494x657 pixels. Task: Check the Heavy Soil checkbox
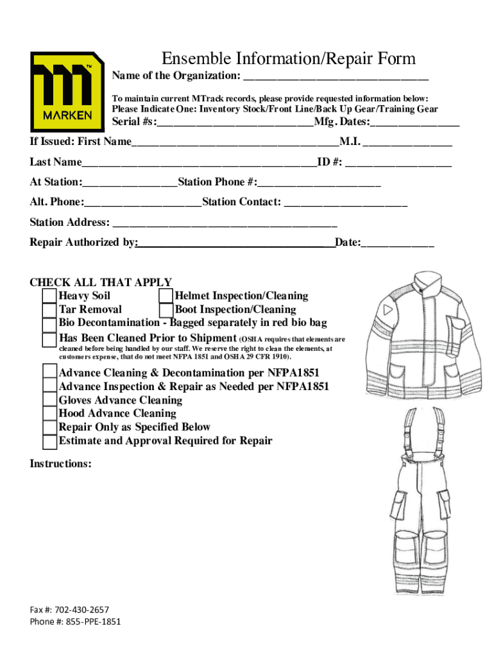coord(49,296)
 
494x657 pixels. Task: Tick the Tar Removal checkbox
coord(49,310)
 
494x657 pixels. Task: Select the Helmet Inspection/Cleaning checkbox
coord(166,296)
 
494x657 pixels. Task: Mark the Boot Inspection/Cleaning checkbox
coord(166,310)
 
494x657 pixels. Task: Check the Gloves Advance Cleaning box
coord(49,400)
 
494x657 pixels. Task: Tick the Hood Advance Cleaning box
coord(49,414)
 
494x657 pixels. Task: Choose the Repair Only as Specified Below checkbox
coord(49,427)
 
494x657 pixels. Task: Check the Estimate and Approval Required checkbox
coord(49,441)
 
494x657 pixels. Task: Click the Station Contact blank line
coord(345,203)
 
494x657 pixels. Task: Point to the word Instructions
coord(60,463)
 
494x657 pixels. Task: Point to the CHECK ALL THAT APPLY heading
coord(101,282)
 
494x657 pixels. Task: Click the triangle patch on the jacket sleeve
coord(388,310)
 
